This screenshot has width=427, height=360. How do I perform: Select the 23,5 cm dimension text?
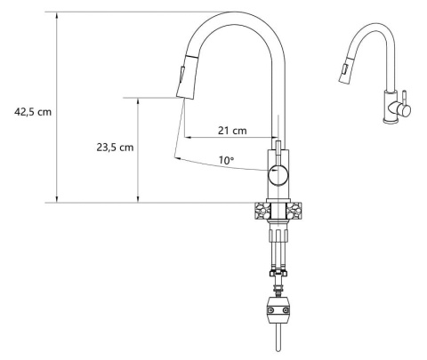pos(115,148)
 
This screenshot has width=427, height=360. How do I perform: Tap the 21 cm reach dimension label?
pos(232,131)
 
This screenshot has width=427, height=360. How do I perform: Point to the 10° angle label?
pos(227,160)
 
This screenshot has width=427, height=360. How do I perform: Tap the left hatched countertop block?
pos(261,212)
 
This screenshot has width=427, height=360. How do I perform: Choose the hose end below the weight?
pos(279,342)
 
